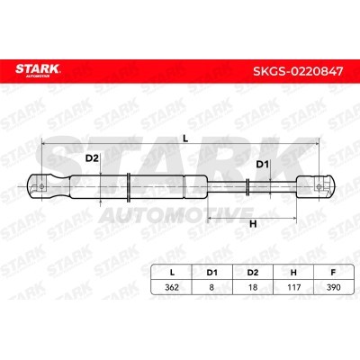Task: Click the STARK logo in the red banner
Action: (x=38, y=71)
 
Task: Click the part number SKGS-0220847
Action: (x=298, y=71)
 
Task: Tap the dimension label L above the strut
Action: (x=185, y=139)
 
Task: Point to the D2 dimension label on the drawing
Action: (x=92, y=158)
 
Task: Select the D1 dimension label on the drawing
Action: (x=262, y=165)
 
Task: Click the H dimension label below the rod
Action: (x=253, y=224)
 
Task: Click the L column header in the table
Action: (x=172, y=273)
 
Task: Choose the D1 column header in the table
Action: (x=211, y=273)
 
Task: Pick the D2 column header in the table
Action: (x=253, y=273)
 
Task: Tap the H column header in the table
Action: (x=293, y=273)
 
